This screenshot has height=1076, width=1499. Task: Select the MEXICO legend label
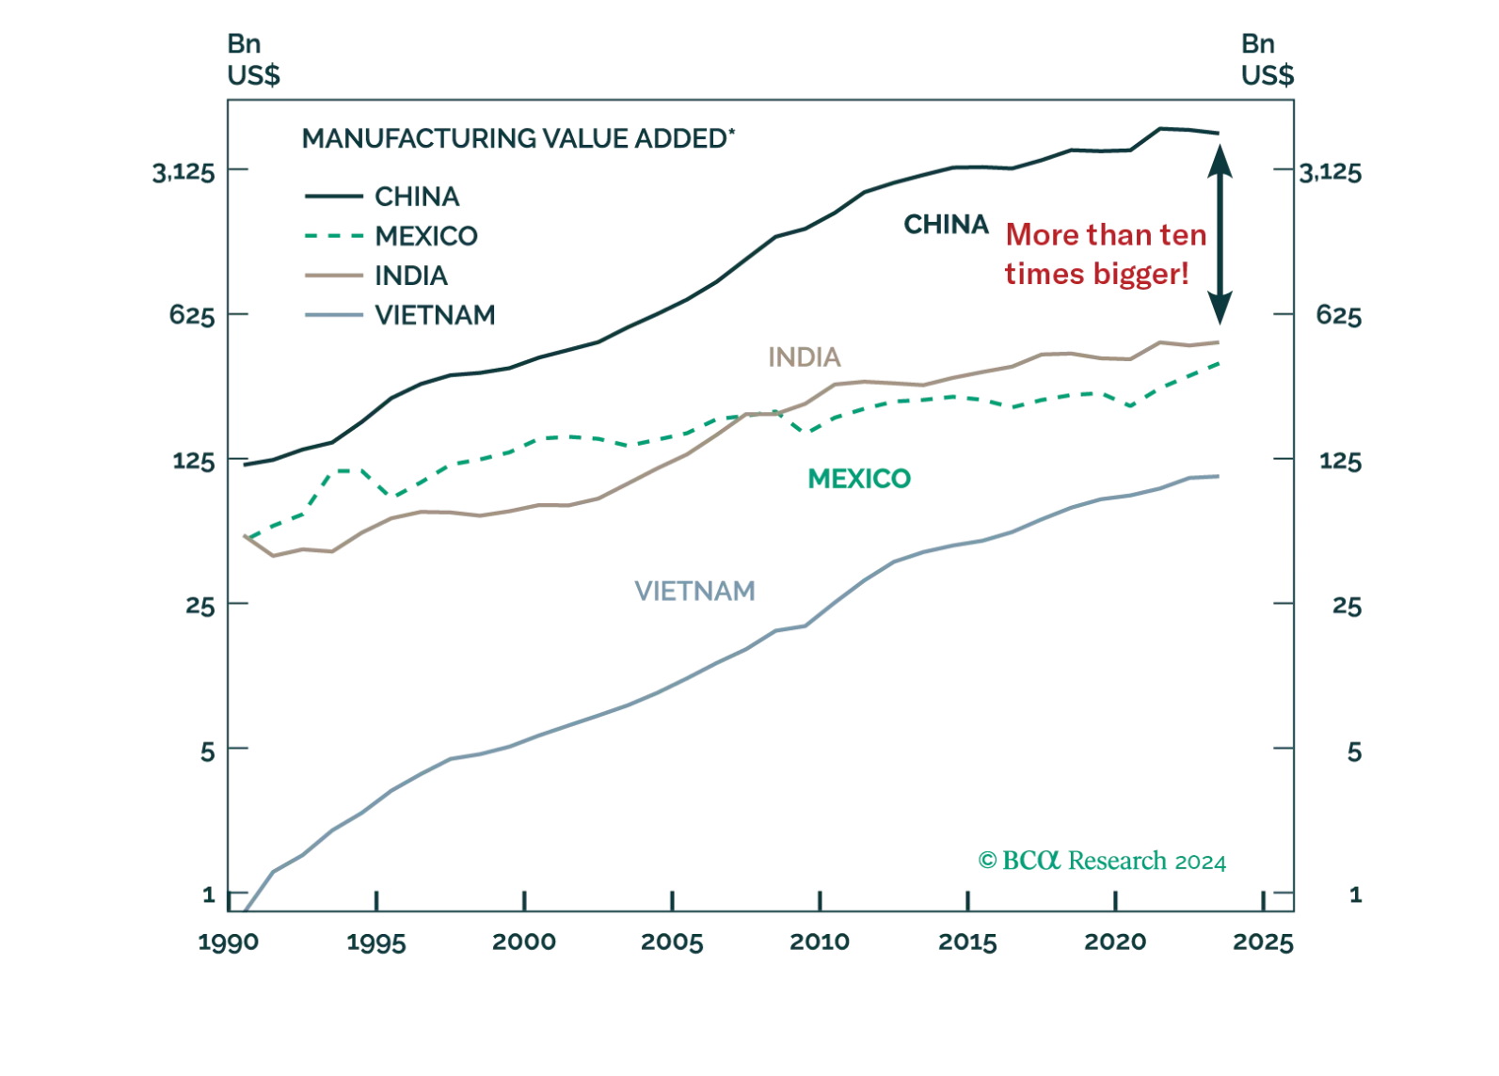tap(425, 235)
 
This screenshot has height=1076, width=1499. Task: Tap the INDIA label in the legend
tap(411, 276)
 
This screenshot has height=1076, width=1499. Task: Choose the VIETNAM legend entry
tap(434, 316)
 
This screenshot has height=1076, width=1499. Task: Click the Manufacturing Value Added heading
tap(514, 140)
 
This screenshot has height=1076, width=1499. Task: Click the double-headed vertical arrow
tap(1220, 231)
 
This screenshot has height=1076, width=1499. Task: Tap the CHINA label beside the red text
tap(947, 226)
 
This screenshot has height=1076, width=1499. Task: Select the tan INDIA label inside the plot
tap(805, 358)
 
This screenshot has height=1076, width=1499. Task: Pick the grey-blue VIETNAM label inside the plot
tap(695, 592)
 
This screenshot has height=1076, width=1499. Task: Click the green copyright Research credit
tap(1103, 860)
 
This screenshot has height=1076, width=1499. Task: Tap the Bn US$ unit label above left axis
tap(255, 60)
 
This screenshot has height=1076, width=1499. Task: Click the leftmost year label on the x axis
tap(228, 941)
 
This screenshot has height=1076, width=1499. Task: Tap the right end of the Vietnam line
tap(1218, 478)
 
